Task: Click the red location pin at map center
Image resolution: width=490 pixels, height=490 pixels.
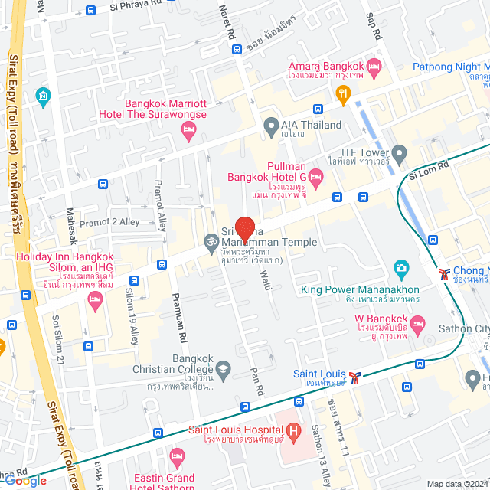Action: (x=244, y=229)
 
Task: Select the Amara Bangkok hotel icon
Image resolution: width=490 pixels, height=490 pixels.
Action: (x=374, y=67)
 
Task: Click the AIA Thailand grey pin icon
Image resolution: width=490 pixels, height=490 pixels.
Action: (x=269, y=125)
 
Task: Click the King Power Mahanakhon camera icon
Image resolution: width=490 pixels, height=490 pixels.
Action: (x=400, y=269)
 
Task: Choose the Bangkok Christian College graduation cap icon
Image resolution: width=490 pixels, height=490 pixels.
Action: (x=223, y=369)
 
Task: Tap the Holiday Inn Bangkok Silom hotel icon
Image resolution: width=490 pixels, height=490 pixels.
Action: (x=95, y=302)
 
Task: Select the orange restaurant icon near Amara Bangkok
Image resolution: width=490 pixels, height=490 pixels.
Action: (x=342, y=94)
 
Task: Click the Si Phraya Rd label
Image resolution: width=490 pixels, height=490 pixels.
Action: (x=137, y=6)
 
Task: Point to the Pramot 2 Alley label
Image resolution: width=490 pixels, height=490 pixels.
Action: (x=109, y=222)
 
